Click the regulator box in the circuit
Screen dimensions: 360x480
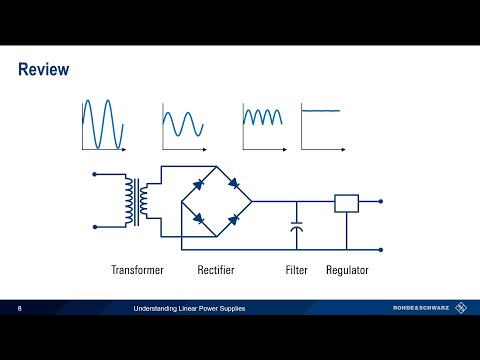coord(346,203)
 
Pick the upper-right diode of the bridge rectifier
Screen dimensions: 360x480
coord(233,184)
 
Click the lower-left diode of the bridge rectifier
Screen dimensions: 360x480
coord(199,218)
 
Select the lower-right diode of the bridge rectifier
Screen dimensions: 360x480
coord(233,218)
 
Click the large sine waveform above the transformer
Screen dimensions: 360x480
coord(103,122)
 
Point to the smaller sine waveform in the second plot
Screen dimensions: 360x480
coord(184,123)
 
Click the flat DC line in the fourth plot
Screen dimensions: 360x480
coord(322,110)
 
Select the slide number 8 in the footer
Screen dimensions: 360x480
coord(19,308)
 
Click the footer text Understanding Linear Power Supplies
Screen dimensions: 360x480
coord(189,308)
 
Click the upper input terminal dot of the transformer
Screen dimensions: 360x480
coord(95,175)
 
